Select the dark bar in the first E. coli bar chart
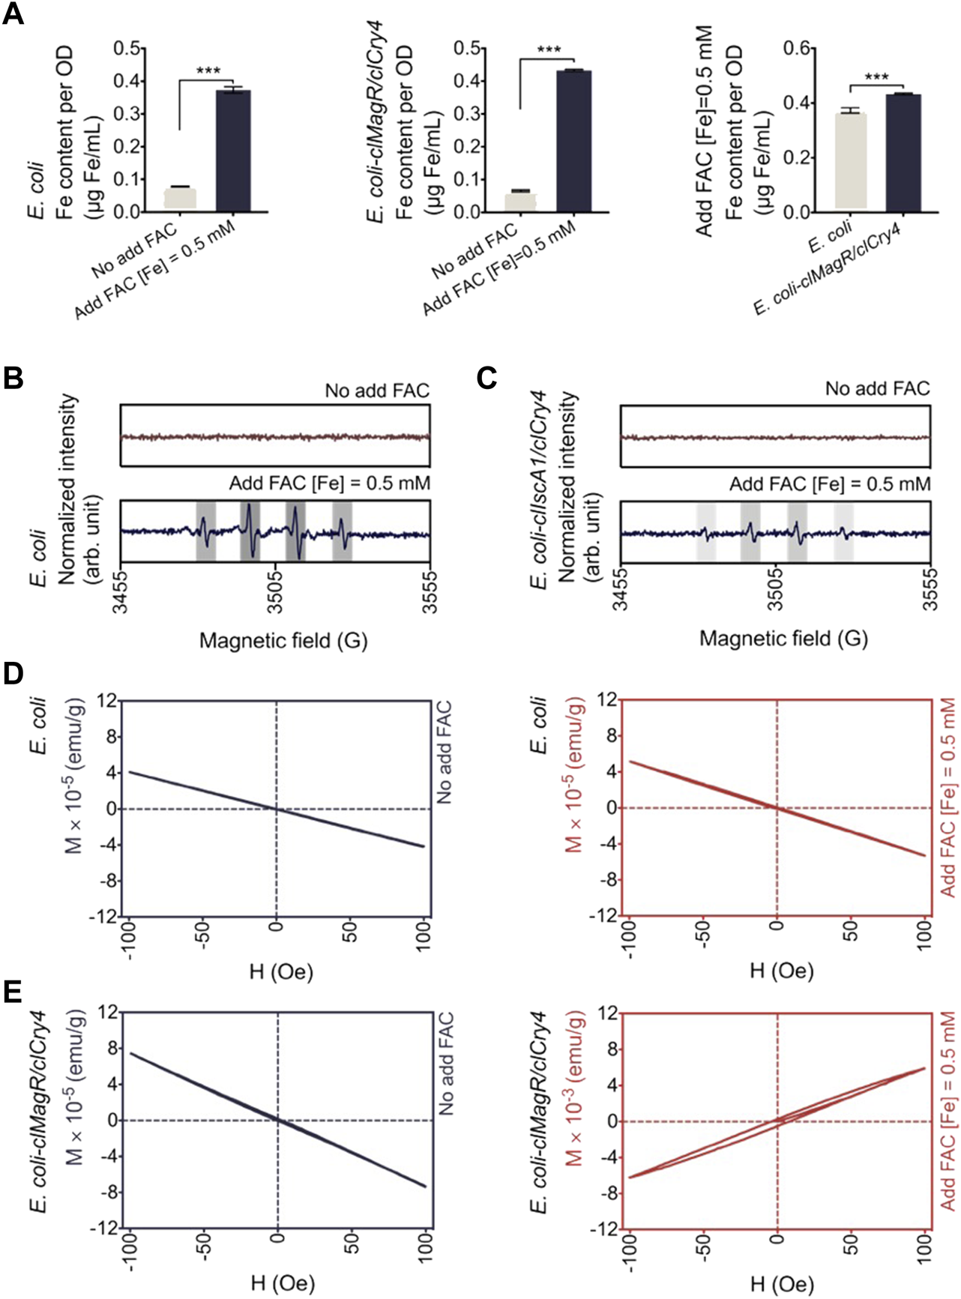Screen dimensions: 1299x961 point(233,150)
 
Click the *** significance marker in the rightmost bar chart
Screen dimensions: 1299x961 point(876,77)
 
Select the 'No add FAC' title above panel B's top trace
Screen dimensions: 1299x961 point(377,391)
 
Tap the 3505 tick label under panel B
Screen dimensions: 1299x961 point(276,593)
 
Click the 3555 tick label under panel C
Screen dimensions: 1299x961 point(930,591)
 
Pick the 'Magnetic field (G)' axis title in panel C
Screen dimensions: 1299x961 point(783,639)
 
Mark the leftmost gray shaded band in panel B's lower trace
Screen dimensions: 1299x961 point(205,531)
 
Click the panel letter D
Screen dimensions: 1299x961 point(13,674)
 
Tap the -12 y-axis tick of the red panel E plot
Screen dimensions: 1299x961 point(606,1229)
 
